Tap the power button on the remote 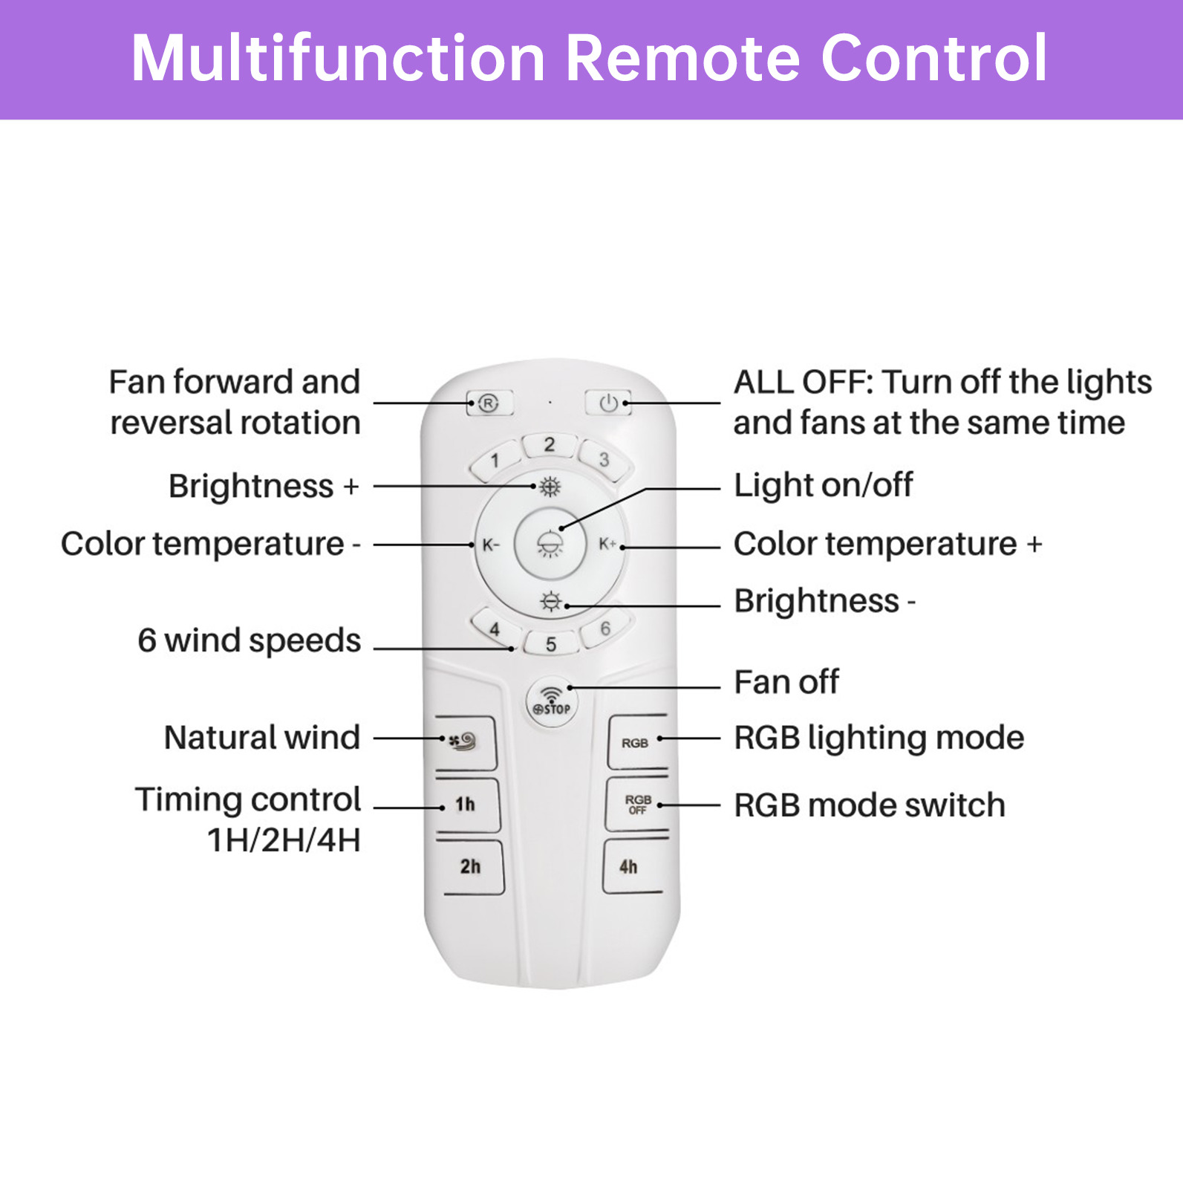point(608,403)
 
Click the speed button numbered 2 point(550,445)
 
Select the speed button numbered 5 point(551,643)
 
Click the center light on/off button point(550,545)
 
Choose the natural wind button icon point(465,742)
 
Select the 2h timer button point(470,866)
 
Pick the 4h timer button point(629,866)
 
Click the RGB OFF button point(637,804)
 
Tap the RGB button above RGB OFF point(636,742)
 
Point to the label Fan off point(786,682)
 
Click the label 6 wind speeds point(250,640)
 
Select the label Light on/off point(824,485)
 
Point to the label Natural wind point(262,738)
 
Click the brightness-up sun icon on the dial point(550,487)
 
